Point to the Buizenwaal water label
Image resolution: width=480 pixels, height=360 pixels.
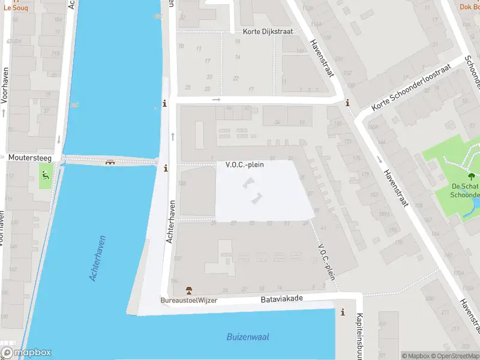[247, 337]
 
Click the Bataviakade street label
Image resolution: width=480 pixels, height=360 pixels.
[281, 298]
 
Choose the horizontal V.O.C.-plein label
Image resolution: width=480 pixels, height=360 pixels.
[245, 164]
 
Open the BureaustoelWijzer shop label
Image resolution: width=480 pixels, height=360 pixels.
[188, 300]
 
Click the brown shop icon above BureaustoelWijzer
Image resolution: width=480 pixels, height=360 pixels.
[190, 290]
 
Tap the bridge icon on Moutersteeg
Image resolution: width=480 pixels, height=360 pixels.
[110, 162]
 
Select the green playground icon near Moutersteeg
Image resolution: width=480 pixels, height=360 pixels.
[46, 176]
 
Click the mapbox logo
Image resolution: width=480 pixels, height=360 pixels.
[26, 353]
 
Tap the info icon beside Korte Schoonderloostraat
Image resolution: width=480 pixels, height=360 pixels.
[348, 103]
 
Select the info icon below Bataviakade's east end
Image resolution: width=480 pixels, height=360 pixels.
[343, 312]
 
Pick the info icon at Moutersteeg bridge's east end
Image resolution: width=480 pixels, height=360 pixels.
[166, 168]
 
